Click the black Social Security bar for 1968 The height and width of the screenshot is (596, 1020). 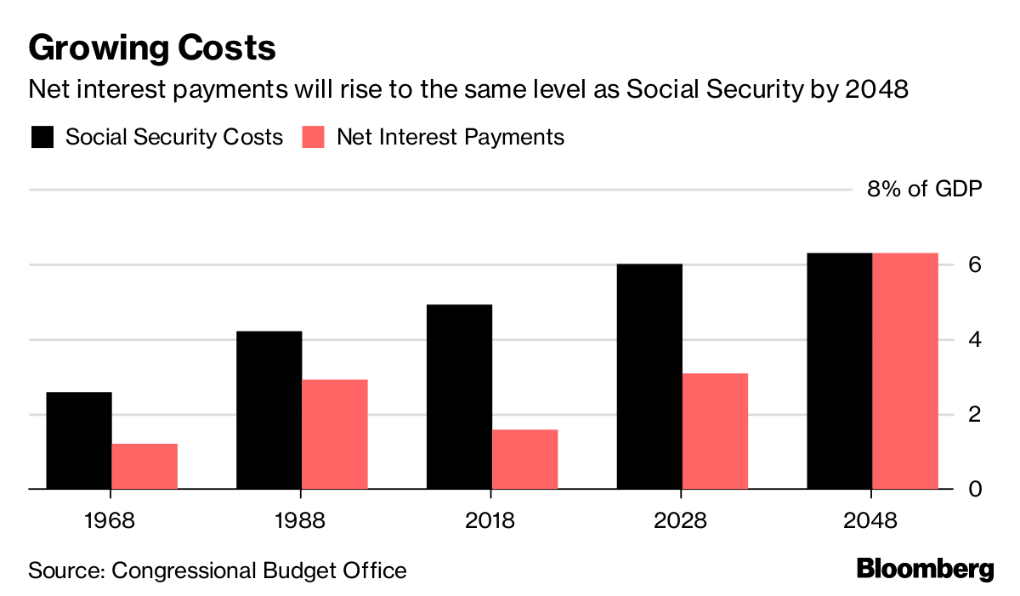pos(78,440)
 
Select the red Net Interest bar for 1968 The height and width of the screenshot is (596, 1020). pos(144,466)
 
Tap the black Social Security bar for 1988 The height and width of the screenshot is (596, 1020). pos(269,410)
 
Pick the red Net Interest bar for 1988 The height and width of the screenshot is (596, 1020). pos(335,434)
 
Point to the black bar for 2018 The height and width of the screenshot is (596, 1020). pos(459,396)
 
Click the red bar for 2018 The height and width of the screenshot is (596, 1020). pos(525,459)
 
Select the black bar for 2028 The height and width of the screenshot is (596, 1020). pos(649,376)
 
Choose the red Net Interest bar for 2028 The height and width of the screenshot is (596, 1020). pos(716,431)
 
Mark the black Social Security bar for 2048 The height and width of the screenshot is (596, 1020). pos(840,371)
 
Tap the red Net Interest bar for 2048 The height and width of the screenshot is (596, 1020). pos(906,371)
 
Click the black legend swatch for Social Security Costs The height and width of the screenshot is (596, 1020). pos(42,137)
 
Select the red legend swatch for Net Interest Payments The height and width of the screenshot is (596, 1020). pos(314,137)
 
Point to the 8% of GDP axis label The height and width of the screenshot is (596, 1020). pos(924,190)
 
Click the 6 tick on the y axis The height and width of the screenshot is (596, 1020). pos(975,264)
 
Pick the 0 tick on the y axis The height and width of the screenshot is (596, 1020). pos(975,489)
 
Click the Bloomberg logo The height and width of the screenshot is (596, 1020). pos(925,569)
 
